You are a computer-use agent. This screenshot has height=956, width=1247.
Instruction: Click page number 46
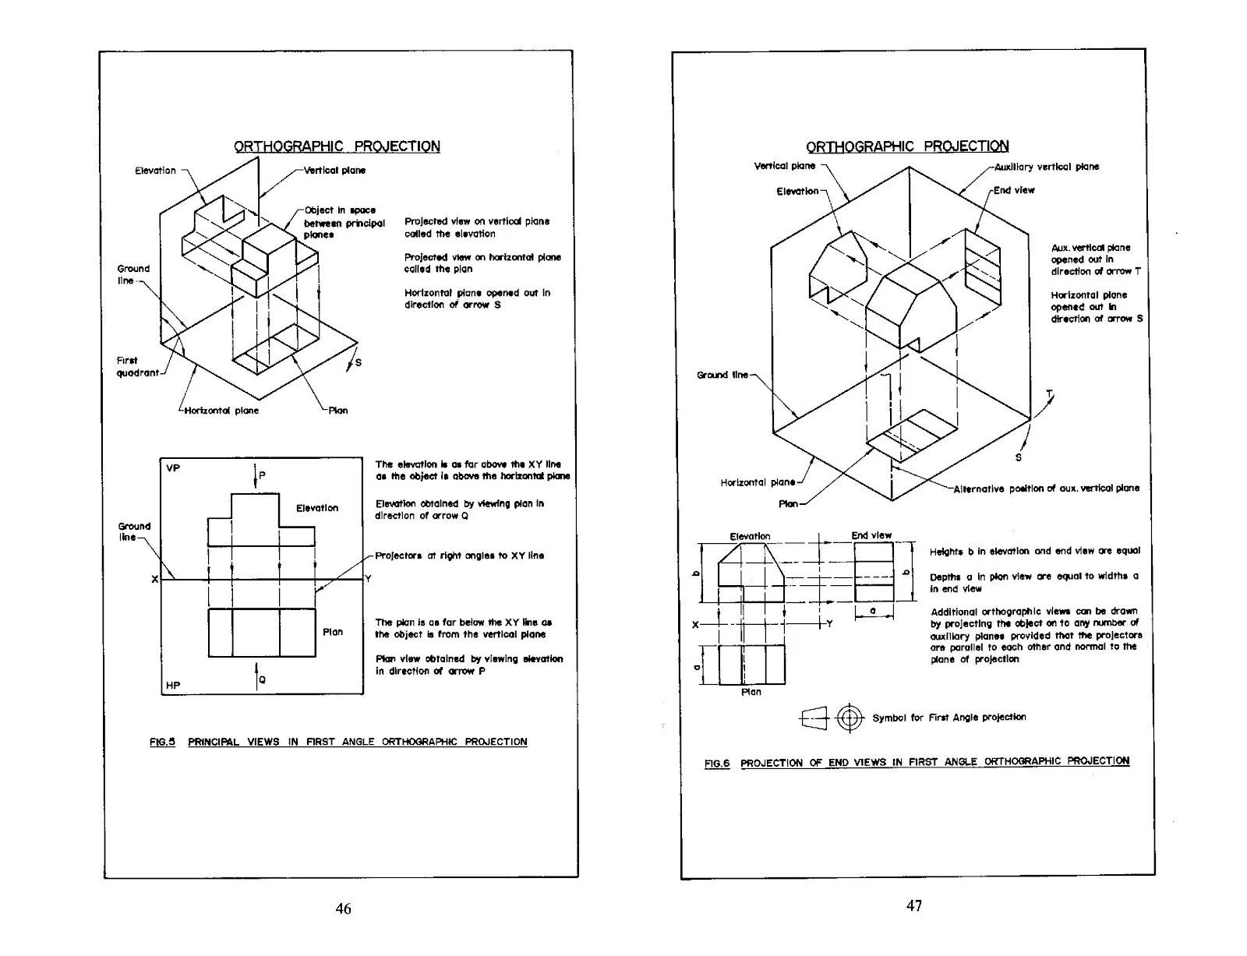tap(343, 908)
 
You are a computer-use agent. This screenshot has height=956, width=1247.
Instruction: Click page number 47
tap(914, 905)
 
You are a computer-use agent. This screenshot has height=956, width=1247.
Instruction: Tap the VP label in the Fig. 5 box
tap(173, 468)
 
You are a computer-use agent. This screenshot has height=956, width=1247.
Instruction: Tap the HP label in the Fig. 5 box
tap(173, 685)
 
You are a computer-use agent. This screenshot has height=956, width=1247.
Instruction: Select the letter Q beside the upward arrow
tap(263, 679)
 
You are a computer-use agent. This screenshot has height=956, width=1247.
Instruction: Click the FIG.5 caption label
tap(162, 742)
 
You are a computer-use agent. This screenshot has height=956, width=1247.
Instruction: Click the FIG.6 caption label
tap(717, 764)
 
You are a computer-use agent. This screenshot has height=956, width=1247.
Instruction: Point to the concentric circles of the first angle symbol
tap(850, 718)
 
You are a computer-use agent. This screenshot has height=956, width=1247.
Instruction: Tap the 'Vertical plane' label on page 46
tap(334, 171)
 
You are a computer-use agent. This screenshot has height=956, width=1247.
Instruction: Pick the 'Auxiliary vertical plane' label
tap(1047, 167)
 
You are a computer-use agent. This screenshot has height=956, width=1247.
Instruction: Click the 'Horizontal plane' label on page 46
tap(221, 411)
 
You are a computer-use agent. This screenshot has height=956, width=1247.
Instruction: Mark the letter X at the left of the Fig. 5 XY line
tap(154, 580)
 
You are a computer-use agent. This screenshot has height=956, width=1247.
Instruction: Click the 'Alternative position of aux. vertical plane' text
tap(1047, 489)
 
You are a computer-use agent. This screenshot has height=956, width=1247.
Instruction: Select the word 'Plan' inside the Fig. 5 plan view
tap(333, 632)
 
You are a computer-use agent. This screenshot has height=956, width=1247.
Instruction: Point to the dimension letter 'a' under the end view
tap(873, 611)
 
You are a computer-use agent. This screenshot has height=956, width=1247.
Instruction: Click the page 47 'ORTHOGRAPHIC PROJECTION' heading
tap(907, 146)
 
